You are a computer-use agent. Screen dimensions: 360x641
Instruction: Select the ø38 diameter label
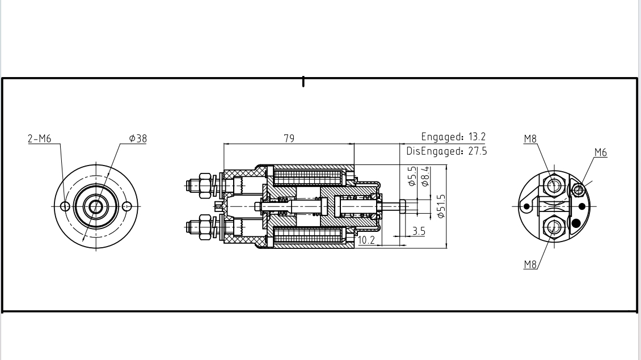(138, 138)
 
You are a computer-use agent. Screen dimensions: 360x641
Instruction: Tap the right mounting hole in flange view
(127, 206)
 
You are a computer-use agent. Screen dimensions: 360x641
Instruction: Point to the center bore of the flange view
(96, 206)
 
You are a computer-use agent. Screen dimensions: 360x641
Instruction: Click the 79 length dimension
(289, 138)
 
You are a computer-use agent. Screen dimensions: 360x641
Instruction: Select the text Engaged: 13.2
(453, 137)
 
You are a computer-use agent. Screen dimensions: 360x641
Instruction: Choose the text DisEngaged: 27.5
(446, 151)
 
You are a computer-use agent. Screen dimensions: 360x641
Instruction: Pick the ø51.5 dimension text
(441, 206)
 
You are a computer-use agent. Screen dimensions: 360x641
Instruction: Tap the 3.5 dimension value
(419, 231)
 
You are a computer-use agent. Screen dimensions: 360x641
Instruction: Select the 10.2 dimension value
(366, 240)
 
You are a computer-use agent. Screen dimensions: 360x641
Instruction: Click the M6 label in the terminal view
(600, 153)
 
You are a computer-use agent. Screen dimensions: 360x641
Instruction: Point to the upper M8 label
(530, 139)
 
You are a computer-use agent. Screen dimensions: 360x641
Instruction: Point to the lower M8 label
(530, 265)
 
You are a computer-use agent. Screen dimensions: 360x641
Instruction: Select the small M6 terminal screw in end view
(578, 189)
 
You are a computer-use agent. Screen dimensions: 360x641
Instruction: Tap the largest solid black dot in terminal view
(577, 223)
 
